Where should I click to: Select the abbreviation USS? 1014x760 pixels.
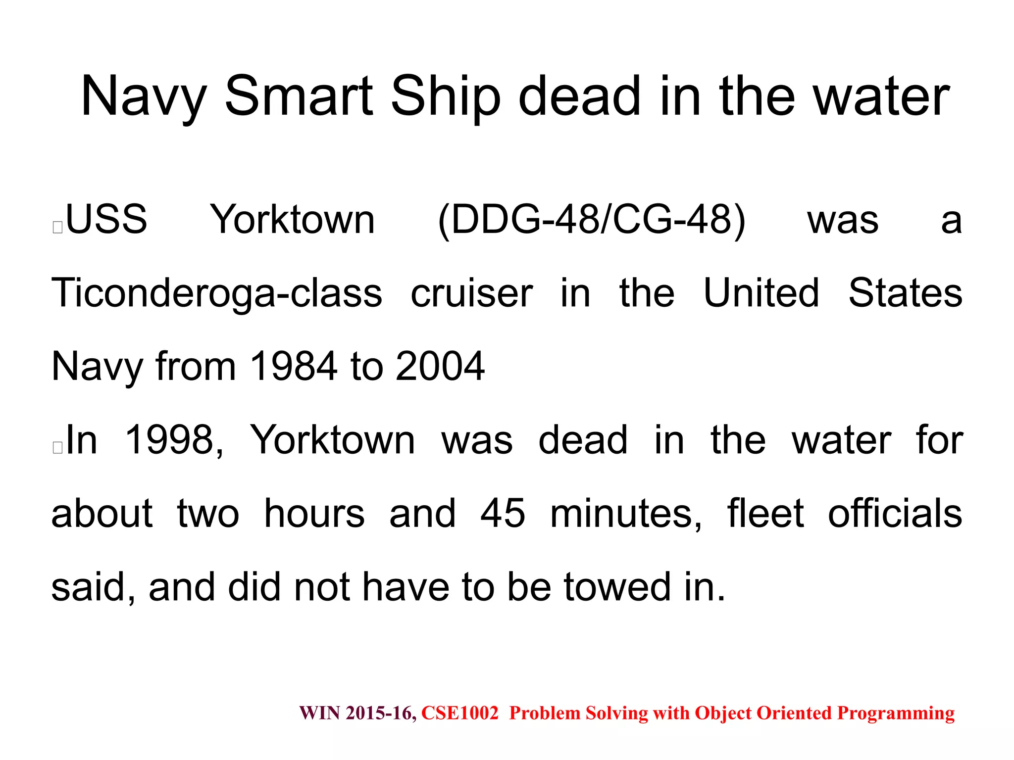coord(106,219)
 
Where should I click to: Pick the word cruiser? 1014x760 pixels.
coord(471,293)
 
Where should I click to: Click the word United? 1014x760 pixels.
coord(761,293)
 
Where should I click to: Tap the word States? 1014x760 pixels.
coord(905,293)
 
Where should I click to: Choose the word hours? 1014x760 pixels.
coord(314,514)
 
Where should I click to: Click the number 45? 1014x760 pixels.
coord(503,514)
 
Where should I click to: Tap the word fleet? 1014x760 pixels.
coord(765,514)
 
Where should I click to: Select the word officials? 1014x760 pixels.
coord(895,514)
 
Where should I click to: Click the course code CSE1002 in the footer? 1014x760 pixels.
coord(459,713)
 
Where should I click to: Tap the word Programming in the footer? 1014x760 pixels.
coord(896,713)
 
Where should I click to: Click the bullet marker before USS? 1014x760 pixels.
coord(57,227)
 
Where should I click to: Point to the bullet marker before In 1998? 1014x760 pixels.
coord(57,447)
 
